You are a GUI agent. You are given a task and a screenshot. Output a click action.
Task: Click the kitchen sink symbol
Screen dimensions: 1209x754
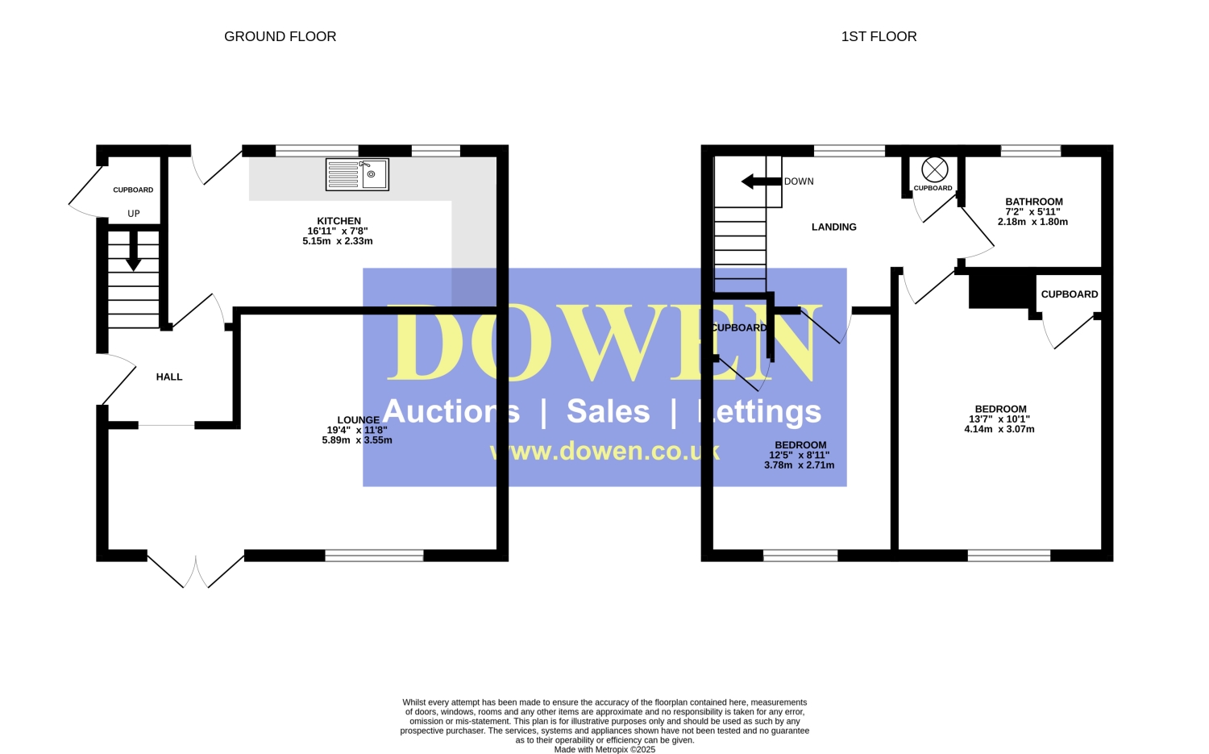pos(357,174)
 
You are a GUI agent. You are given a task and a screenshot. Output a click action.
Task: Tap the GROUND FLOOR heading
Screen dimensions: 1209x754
pos(280,37)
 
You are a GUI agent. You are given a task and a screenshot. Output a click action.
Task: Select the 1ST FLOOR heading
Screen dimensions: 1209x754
pos(879,37)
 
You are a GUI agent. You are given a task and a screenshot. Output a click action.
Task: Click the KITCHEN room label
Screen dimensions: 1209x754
pos(339,221)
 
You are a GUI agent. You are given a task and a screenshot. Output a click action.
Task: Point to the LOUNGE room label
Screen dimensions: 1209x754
pos(359,419)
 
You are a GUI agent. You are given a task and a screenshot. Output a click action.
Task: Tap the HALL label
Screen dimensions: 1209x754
pos(169,377)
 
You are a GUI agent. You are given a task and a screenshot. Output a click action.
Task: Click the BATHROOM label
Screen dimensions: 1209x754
pos(1034,202)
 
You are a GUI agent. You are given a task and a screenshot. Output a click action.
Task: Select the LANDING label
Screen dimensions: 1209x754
pos(834,227)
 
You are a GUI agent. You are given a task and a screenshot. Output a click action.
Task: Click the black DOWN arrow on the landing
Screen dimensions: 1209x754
pos(762,181)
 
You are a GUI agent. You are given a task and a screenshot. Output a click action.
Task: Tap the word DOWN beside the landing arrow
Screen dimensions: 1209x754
pos(799,181)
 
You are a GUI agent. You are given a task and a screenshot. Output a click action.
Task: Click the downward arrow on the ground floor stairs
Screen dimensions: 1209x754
pos(133,251)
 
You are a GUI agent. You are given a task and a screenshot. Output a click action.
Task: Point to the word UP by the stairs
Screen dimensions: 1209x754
pos(134,214)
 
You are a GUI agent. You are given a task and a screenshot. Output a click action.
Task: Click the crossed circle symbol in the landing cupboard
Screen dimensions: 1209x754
pos(935,169)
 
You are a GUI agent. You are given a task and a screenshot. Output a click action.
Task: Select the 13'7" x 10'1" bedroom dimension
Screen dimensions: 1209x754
pos(999,419)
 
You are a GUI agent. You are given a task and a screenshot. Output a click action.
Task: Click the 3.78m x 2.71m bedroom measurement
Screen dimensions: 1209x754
pos(800,465)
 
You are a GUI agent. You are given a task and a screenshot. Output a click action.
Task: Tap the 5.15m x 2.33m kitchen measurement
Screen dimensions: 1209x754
pos(338,241)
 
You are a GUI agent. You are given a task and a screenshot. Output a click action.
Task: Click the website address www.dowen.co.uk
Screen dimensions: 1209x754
pos(604,452)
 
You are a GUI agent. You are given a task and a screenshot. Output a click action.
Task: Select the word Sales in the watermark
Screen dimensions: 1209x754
pos(609,411)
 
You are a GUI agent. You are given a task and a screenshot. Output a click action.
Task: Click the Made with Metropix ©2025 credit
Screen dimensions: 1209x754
pos(604,750)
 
